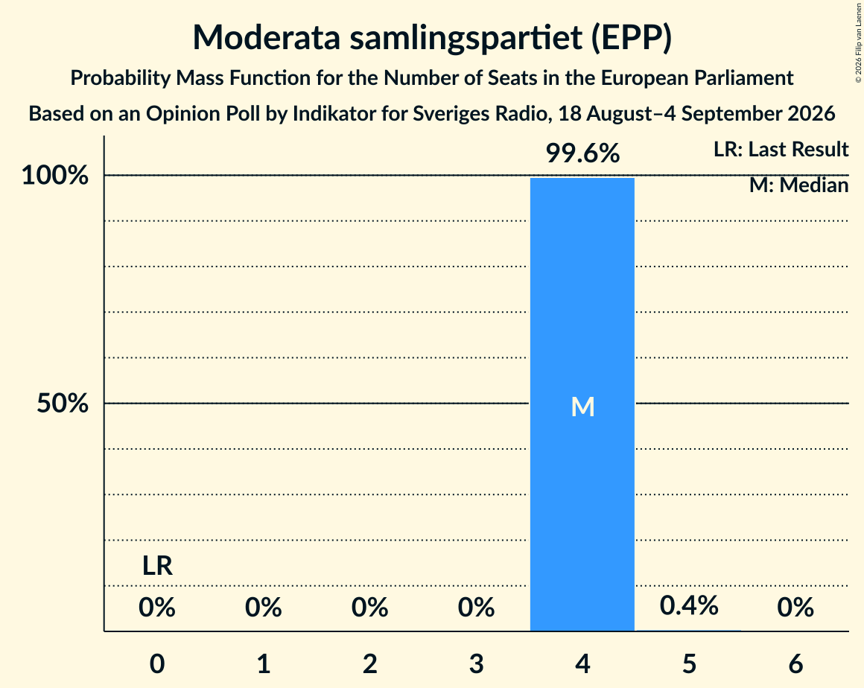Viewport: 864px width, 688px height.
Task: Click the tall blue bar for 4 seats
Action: tap(582, 404)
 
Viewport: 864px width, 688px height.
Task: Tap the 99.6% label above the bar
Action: tap(582, 153)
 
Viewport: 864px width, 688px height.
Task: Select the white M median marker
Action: tap(582, 407)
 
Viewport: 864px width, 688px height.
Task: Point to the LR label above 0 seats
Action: tap(157, 566)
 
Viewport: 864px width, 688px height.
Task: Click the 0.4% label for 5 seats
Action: tap(689, 605)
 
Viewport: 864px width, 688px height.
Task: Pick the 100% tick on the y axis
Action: tap(55, 175)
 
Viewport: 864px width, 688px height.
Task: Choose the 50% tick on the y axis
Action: tap(63, 404)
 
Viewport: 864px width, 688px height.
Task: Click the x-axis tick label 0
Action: tap(157, 663)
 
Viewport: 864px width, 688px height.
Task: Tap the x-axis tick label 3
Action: tap(476, 663)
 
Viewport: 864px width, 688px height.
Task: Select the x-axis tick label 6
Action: tap(795, 663)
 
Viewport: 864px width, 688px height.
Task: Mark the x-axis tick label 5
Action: tap(689, 663)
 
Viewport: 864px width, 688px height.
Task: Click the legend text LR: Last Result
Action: tap(781, 149)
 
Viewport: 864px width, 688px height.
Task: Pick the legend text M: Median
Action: tap(799, 185)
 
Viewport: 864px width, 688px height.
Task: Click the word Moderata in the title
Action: tap(266, 37)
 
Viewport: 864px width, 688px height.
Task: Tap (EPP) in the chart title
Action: tap(632, 37)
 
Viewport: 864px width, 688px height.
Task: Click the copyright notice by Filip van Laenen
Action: tap(859, 42)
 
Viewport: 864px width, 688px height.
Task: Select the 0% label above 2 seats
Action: tap(369, 607)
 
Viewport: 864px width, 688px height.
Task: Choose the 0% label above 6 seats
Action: tap(795, 607)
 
